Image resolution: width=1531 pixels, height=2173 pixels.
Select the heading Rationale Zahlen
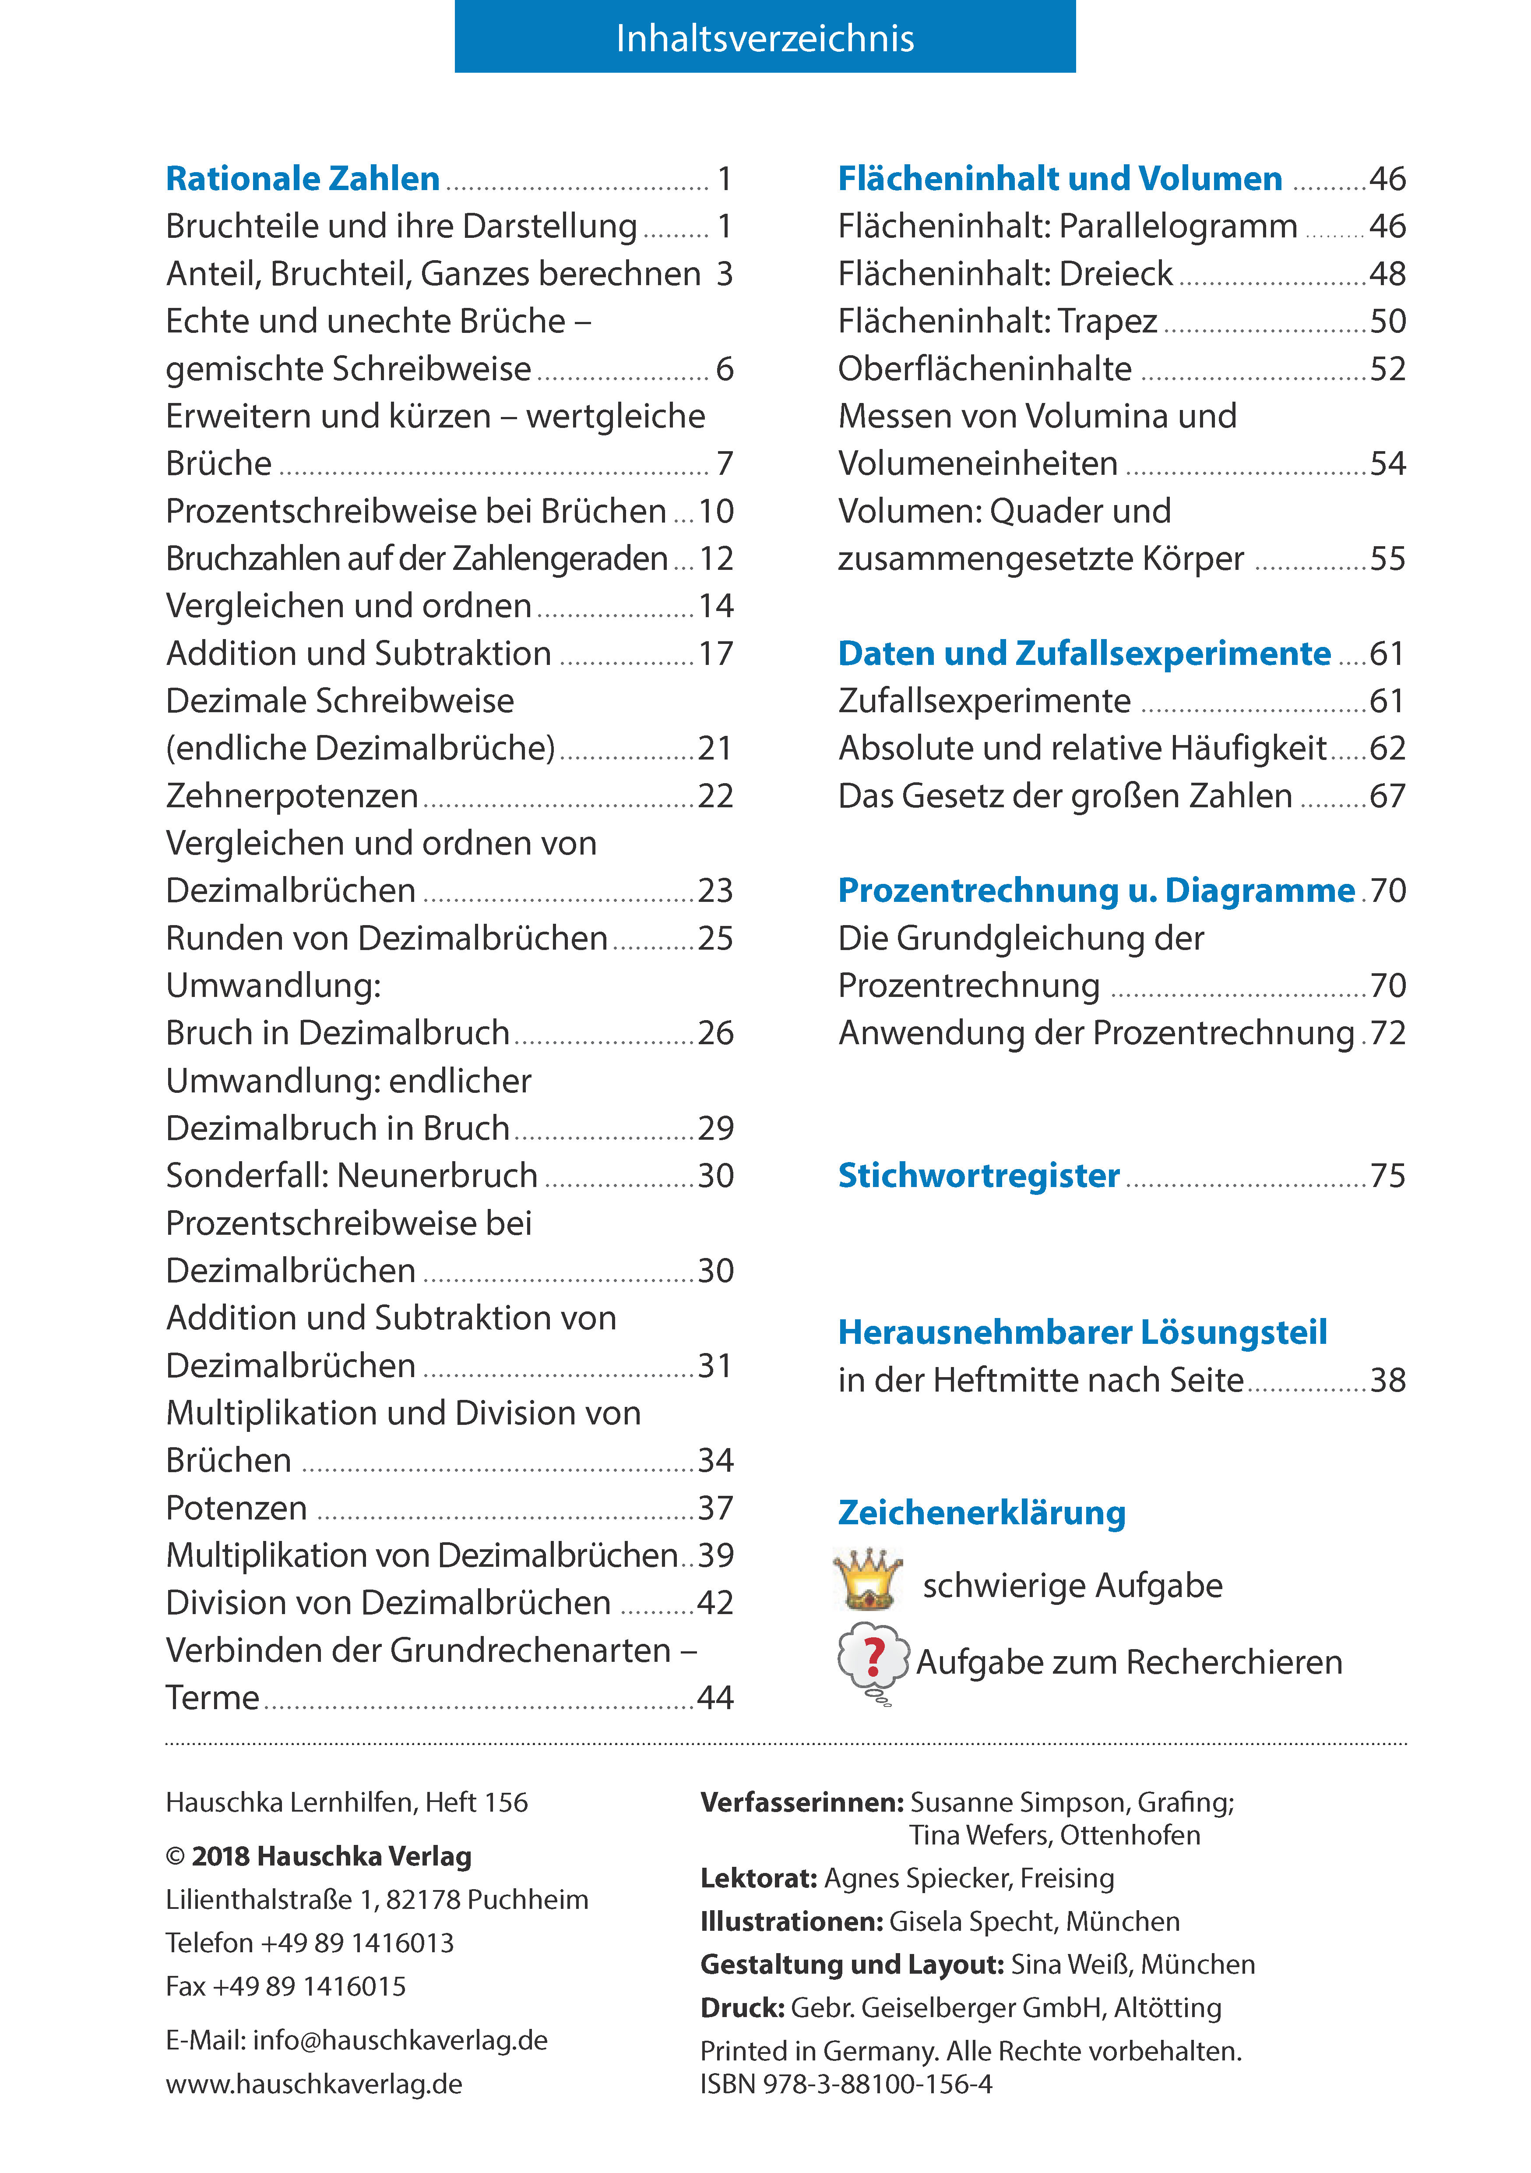click(x=303, y=179)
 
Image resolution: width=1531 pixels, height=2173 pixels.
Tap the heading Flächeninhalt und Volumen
click(x=1060, y=179)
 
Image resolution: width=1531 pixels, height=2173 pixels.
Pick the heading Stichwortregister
click(x=978, y=1176)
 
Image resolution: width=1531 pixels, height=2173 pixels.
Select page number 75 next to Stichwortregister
click(x=1387, y=1176)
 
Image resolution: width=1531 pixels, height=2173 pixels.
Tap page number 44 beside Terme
click(x=715, y=1698)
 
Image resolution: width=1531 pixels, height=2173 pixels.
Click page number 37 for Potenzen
click(x=715, y=1508)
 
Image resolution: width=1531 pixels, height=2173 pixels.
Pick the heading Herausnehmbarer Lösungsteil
click(x=1083, y=1332)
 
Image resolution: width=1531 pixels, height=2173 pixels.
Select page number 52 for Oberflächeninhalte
click(x=1387, y=369)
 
